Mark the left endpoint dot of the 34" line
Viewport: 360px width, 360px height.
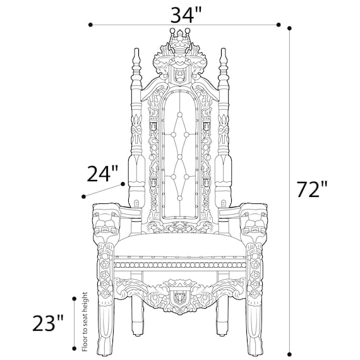tap(92, 25)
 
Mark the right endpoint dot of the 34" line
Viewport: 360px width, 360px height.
tap(278, 25)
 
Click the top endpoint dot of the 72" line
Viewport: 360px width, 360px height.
tap(290, 28)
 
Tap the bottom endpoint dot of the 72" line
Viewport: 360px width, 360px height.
tap(290, 351)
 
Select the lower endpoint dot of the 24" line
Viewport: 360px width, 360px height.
tap(83, 196)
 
